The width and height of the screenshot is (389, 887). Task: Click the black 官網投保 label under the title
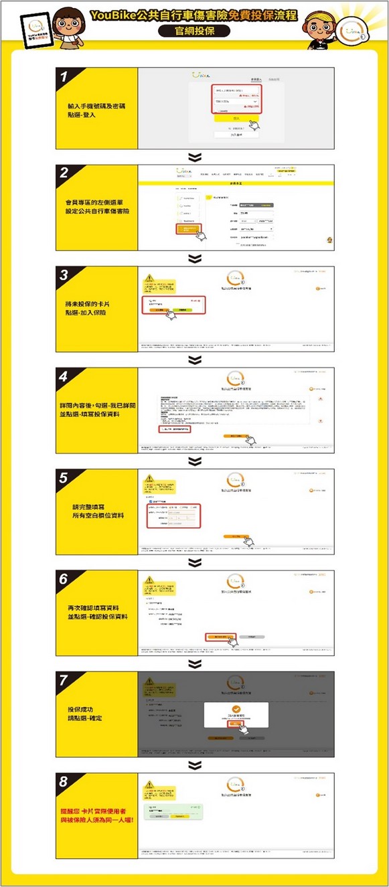click(x=194, y=31)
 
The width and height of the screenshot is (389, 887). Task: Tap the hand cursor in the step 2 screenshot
click(x=199, y=234)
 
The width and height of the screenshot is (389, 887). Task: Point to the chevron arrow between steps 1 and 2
click(x=194, y=157)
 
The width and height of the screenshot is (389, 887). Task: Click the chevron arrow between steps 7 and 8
click(x=194, y=764)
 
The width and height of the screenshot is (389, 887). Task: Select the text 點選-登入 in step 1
click(x=82, y=115)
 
